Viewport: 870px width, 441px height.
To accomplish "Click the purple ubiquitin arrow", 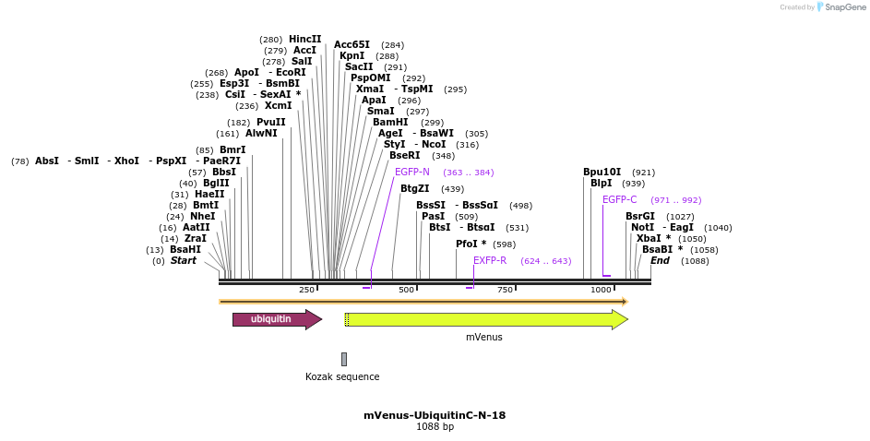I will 276,319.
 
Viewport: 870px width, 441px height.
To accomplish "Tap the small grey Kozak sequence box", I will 344,359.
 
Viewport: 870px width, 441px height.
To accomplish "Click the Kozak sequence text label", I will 342,376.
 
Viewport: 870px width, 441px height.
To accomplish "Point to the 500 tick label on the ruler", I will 406,290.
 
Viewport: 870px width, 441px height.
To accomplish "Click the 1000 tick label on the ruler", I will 601,290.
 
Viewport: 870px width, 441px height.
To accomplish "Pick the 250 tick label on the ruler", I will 306,290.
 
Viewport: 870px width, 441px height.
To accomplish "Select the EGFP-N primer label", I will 412,173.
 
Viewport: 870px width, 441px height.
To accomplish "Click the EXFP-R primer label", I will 490,261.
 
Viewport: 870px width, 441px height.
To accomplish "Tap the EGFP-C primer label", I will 620,200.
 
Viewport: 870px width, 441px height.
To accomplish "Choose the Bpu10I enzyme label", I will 602,173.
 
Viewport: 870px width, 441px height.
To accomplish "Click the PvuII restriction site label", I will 271,122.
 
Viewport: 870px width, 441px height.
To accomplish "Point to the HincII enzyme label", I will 305,40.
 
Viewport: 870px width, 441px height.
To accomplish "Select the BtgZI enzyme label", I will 414,189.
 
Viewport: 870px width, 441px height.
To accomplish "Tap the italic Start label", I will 183,261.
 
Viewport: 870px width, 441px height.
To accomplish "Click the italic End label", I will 660,261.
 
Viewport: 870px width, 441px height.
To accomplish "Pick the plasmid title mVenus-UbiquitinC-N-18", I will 435,415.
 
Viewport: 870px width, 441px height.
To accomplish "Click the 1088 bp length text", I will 435,427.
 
